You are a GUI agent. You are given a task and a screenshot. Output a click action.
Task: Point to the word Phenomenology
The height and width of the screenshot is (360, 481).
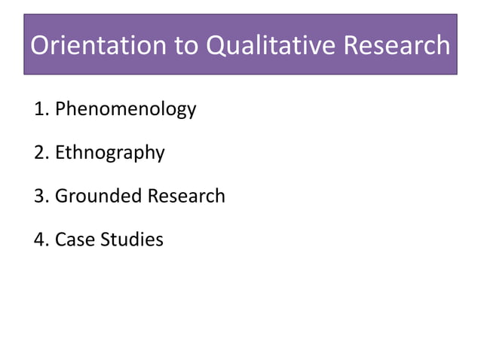click(126, 109)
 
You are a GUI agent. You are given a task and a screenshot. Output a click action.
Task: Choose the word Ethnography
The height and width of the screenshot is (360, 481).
click(110, 153)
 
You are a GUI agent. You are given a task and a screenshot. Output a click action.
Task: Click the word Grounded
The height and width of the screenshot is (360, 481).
click(98, 197)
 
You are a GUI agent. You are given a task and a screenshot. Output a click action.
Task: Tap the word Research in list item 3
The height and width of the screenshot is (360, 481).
click(186, 197)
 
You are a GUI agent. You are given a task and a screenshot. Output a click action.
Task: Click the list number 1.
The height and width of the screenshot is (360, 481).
click(40, 109)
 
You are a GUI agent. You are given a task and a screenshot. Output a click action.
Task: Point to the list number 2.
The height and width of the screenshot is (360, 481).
click(40, 153)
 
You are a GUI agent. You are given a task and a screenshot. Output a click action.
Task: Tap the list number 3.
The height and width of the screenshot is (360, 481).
click(40, 197)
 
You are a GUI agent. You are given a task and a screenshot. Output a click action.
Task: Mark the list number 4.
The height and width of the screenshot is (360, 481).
click(40, 240)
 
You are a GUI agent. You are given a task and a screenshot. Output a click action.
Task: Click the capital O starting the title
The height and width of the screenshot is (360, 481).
click(42, 45)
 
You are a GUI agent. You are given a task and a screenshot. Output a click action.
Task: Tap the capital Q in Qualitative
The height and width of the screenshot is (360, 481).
click(218, 45)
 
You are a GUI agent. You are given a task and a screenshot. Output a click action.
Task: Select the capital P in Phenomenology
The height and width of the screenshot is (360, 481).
click(60, 109)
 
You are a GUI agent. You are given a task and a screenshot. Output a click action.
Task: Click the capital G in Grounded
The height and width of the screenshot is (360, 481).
click(62, 197)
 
